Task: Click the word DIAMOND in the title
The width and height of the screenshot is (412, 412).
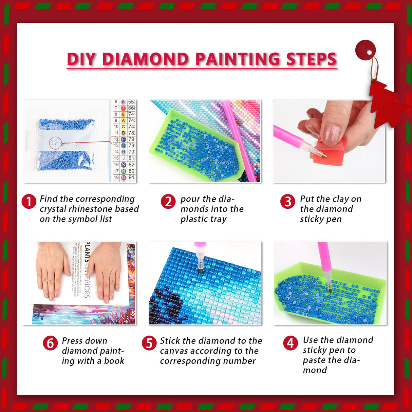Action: coord(146,59)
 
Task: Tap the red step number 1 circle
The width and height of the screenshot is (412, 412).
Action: coord(29,202)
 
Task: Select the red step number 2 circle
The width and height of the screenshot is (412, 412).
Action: coord(168,202)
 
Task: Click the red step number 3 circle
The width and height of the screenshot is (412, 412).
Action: coord(287,202)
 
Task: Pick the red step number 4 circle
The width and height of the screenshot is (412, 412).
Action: coord(291,343)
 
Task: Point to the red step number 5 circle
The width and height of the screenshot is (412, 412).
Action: coord(149,343)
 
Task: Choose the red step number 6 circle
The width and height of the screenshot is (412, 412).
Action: coord(50,343)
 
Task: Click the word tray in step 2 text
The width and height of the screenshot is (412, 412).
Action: coord(218,219)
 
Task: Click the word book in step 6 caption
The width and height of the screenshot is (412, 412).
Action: coord(114,361)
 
